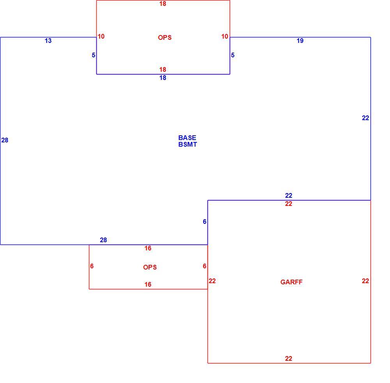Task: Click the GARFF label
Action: [291, 282]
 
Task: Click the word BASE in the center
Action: [187, 138]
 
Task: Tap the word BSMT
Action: [188, 144]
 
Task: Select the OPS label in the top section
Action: [165, 37]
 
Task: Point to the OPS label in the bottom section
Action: [150, 267]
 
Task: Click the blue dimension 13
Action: [48, 41]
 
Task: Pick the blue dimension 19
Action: [300, 41]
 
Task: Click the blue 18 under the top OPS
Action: [163, 78]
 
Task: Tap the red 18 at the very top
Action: [163, 4]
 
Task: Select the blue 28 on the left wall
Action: [5, 140]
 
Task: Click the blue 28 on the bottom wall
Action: [103, 240]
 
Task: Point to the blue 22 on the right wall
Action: [365, 118]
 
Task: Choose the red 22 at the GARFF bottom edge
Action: [289, 359]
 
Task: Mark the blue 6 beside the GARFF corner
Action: [204, 222]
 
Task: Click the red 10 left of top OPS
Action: [101, 37]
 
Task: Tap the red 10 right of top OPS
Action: [225, 37]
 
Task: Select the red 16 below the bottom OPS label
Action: [148, 284]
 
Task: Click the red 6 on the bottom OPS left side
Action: [92, 266]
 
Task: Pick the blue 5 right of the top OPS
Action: [232, 55]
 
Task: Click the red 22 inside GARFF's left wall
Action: [212, 281]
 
